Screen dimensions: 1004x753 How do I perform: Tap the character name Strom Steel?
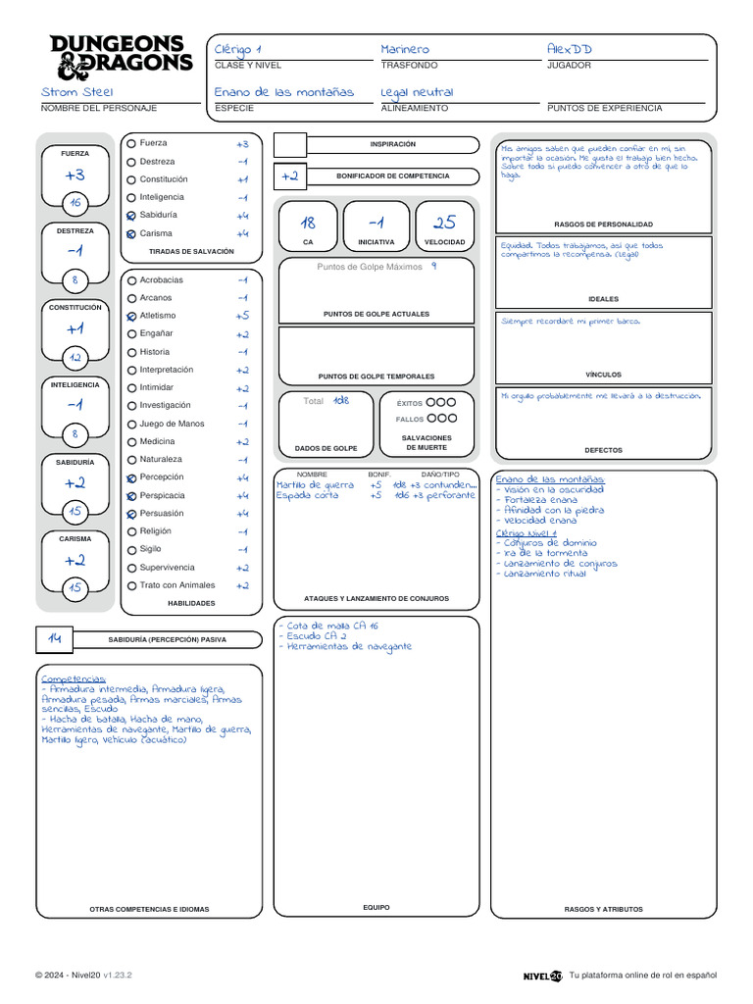[77, 92]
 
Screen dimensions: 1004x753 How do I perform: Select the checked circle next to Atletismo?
[131, 317]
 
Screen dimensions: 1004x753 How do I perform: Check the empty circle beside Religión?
[131, 532]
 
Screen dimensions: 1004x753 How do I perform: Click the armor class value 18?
[308, 223]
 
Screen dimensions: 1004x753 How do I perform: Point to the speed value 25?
[444, 223]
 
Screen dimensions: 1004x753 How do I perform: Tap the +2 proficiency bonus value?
[289, 176]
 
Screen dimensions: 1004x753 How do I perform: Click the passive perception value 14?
[55, 639]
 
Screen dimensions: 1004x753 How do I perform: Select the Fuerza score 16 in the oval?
[75, 203]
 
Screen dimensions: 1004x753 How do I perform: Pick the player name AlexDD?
[570, 49]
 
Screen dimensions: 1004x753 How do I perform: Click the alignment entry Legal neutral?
[417, 92]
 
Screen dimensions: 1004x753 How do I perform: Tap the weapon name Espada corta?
[307, 495]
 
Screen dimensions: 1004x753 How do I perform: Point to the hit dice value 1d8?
[340, 400]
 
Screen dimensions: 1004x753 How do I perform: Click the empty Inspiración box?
[290, 145]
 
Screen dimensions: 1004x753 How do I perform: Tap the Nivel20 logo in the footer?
[542, 976]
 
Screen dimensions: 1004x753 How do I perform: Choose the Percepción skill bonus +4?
[242, 477]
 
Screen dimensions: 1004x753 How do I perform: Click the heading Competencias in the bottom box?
[73, 678]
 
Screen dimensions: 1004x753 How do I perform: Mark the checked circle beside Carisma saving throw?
[131, 234]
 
